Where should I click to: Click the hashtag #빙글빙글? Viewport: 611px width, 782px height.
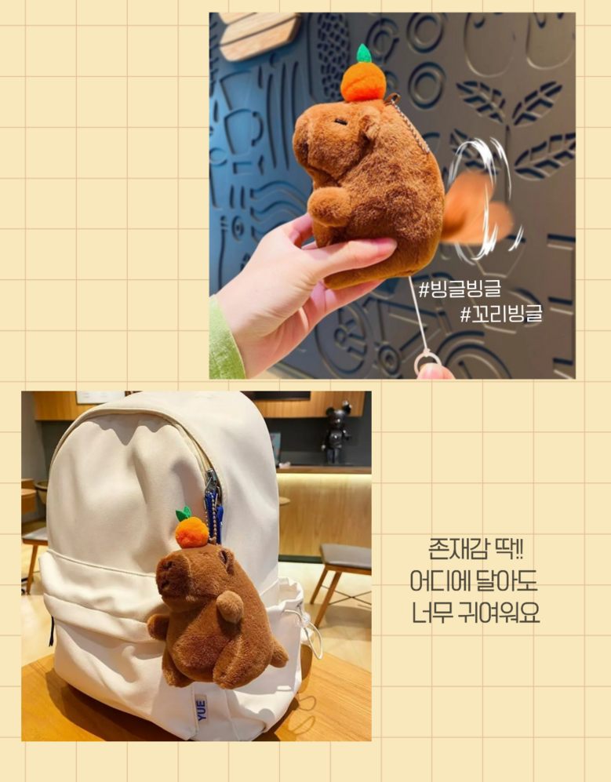[x=460, y=289]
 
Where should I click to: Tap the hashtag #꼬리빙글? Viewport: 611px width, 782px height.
[x=500, y=314]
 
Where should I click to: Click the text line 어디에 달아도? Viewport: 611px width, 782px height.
[x=474, y=581]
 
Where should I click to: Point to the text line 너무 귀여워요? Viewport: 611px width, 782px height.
[x=475, y=613]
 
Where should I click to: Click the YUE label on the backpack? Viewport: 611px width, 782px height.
[x=201, y=710]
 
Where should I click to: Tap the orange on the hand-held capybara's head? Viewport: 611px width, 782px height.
[x=363, y=82]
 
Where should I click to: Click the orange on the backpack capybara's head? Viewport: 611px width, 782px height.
[x=192, y=532]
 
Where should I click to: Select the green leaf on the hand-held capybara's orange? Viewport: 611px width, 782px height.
[x=364, y=53]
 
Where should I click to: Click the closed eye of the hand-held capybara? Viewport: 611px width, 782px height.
[x=340, y=122]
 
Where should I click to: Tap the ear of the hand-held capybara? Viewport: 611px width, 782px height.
[x=371, y=127]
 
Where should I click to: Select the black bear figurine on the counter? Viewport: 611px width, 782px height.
[x=336, y=432]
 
